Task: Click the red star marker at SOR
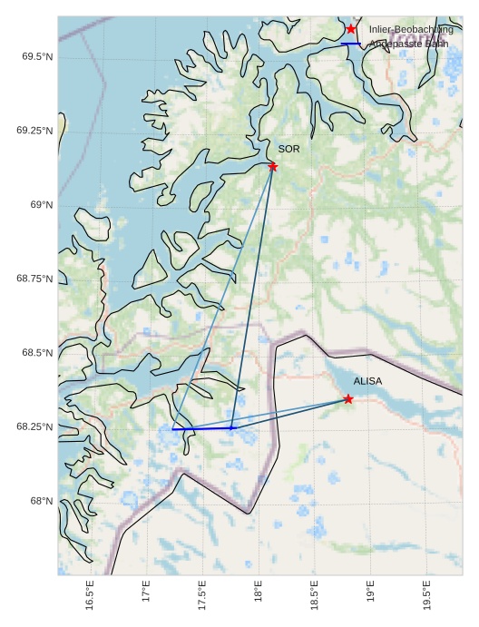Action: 273,166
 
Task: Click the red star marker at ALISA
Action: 348,399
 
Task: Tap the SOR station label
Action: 288,149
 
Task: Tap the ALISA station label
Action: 367,382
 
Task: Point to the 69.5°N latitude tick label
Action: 37,56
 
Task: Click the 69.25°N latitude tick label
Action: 34,131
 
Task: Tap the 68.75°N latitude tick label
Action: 34,279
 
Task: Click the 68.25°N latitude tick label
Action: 34,426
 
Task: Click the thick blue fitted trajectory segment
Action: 202,428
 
